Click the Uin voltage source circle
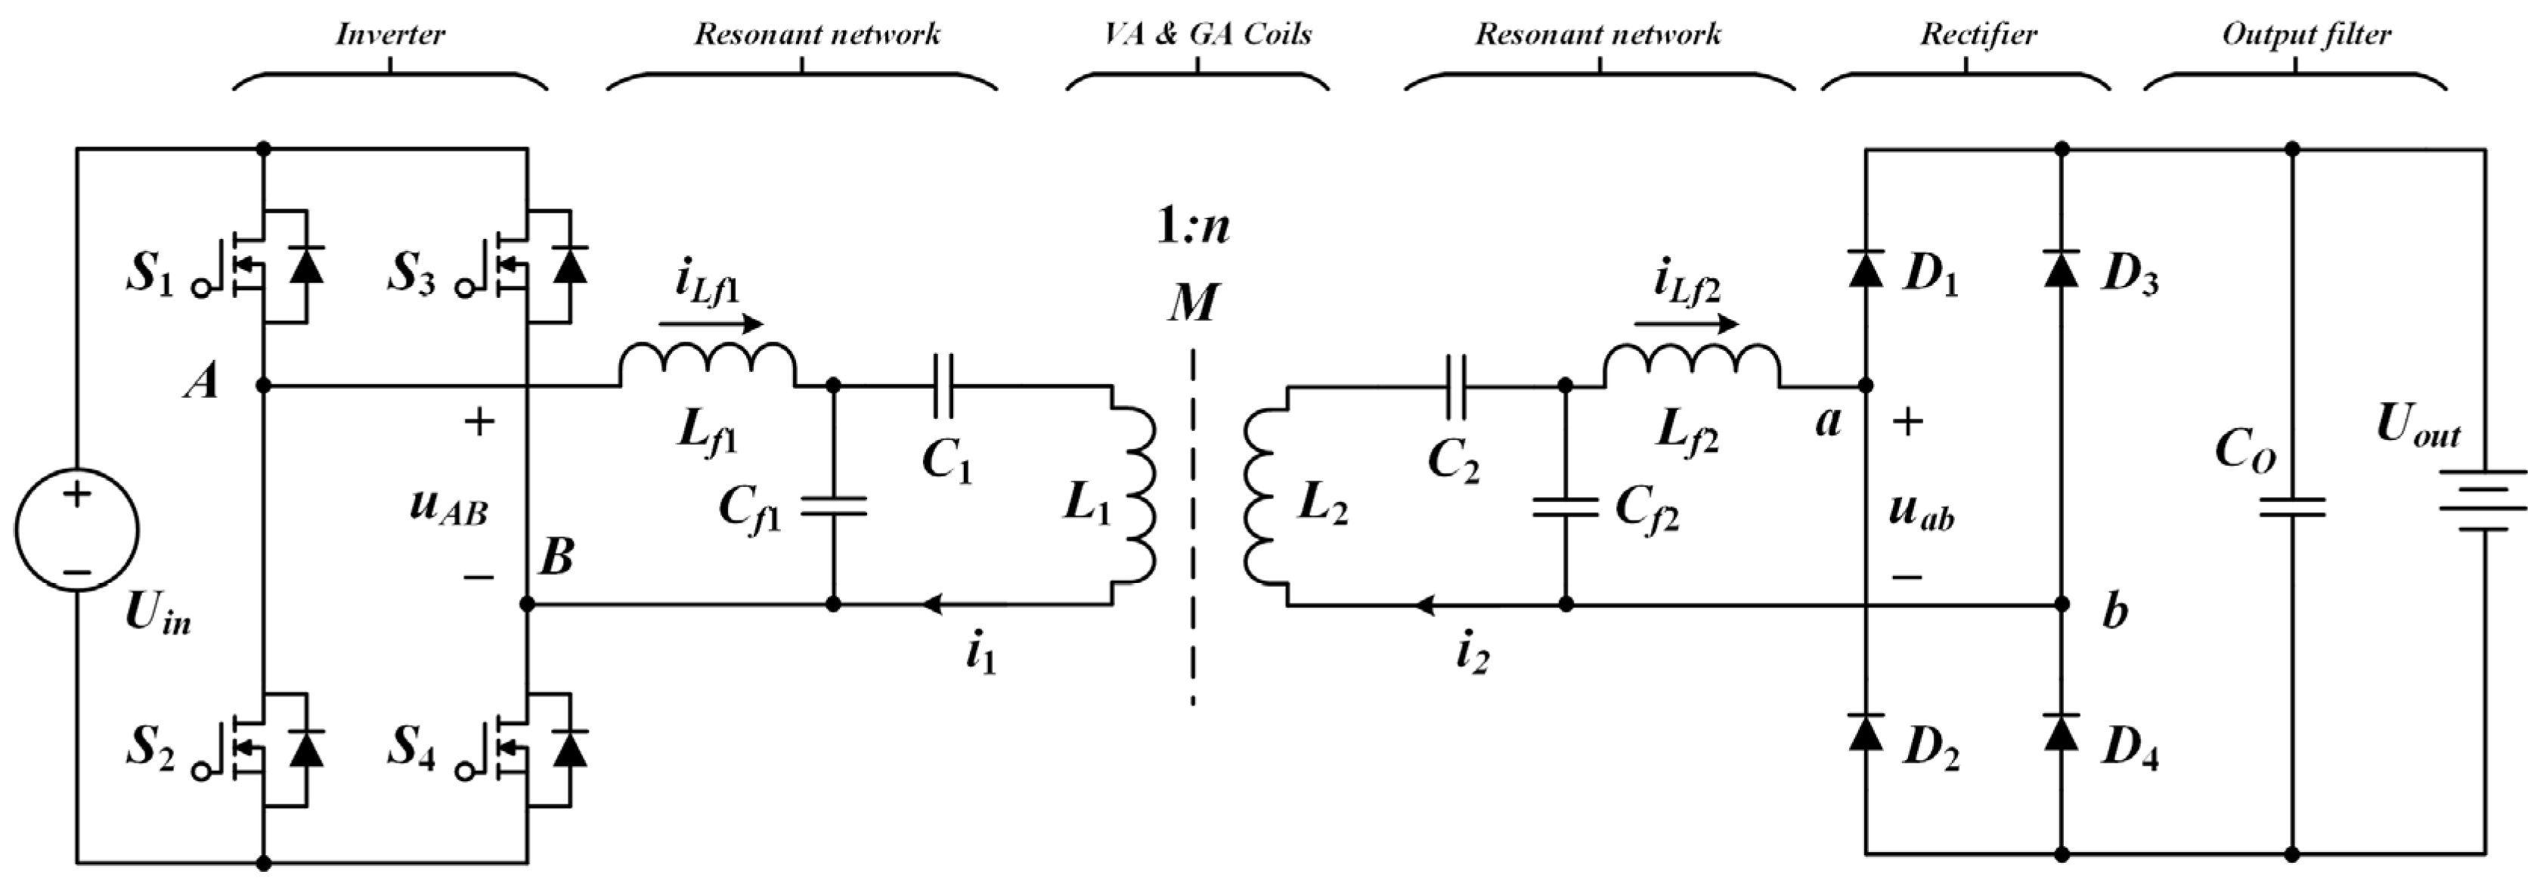coord(76,529)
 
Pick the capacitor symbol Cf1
coord(833,507)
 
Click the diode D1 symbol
coord(1866,268)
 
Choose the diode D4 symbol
coord(2062,732)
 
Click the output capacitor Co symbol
coord(2292,507)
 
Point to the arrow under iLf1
coord(710,324)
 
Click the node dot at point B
coord(528,605)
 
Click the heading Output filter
coord(2306,35)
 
